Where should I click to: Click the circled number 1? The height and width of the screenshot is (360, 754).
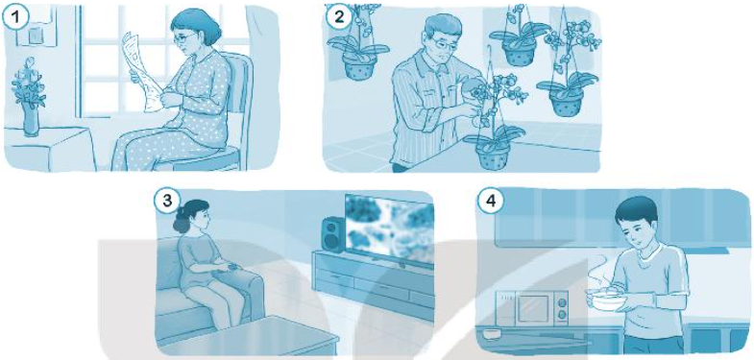click(16, 17)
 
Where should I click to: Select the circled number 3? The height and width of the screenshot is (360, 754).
click(167, 201)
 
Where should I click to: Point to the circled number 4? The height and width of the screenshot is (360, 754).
click(491, 201)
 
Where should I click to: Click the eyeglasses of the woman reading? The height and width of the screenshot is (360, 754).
click(187, 37)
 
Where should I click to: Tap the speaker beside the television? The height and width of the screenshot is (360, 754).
click(332, 233)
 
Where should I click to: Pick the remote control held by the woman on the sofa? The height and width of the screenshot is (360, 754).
click(231, 267)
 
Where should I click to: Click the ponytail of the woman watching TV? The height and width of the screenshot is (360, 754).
click(182, 221)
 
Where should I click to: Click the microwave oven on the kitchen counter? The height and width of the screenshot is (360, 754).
click(533, 308)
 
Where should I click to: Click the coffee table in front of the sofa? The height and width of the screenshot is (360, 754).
click(250, 334)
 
